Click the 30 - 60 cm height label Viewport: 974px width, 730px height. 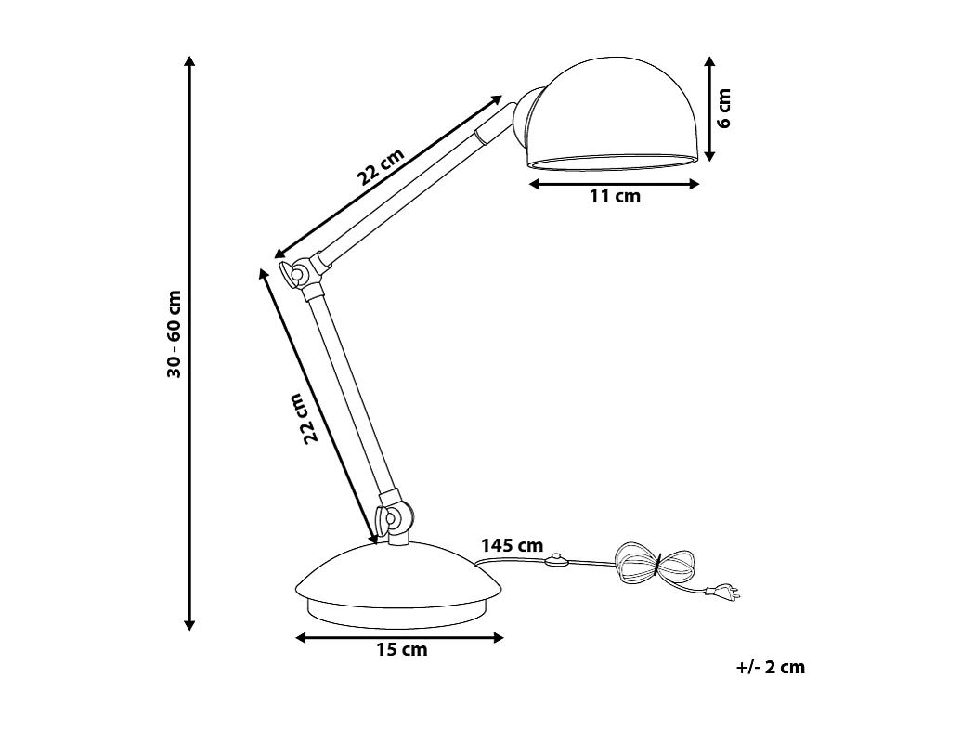tap(174, 334)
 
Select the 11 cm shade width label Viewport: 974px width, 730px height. tap(615, 197)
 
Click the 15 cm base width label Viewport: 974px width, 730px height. tap(401, 650)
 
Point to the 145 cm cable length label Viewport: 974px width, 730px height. tap(512, 545)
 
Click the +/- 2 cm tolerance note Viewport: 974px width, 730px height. tap(770, 667)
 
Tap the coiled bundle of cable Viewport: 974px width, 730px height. tap(655, 563)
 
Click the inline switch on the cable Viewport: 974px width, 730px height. tap(557, 560)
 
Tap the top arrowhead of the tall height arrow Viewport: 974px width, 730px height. tap(189, 61)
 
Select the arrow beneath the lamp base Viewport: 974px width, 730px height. tap(399, 637)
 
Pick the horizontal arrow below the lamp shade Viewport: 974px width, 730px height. tap(614, 184)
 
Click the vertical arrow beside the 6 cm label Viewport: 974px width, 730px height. tap(708, 108)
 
